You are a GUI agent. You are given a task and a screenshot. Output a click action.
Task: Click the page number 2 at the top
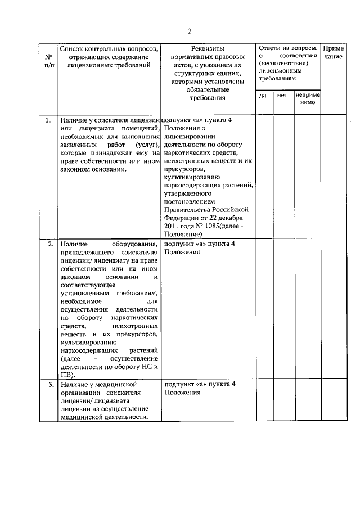pos(190,30)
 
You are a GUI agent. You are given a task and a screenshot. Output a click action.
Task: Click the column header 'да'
pos(263,96)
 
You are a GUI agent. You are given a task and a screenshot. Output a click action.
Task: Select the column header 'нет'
pos(282,96)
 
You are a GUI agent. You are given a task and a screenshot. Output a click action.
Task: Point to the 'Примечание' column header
pos(334,53)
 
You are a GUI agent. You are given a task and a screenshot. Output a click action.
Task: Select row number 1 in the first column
pos(49,120)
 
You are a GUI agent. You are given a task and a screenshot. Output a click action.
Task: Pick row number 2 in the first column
pos(49,244)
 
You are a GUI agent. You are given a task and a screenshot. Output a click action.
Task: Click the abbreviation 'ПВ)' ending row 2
pos(66,375)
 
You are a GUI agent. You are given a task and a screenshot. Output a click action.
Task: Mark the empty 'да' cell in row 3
pos(264,400)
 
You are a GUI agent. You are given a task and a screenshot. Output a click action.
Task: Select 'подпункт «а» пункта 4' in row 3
pos(200,384)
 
